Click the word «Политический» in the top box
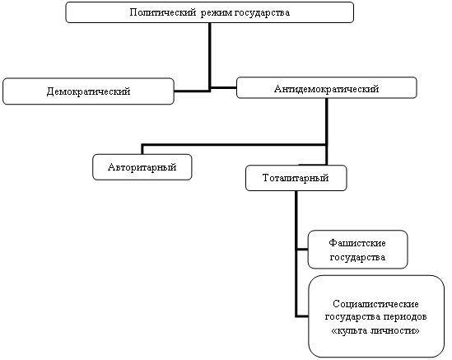pos(162,12)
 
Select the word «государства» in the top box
pos(262,13)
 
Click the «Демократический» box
pos(88,91)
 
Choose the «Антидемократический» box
pos(327,87)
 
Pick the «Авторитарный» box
pos(142,167)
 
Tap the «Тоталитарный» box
pos(296,178)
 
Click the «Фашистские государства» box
pos(358,250)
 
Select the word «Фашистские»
pos(357,243)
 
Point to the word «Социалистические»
pos(375,304)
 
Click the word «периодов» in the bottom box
pos(405,317)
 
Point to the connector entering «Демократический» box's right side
pos(192,91)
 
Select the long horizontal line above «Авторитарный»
pos(234,144)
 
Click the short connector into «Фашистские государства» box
pos(302,250)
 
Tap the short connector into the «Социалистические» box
pos(302,316)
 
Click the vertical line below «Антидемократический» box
pos(327,132)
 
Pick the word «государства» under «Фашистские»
pos(357,257)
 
